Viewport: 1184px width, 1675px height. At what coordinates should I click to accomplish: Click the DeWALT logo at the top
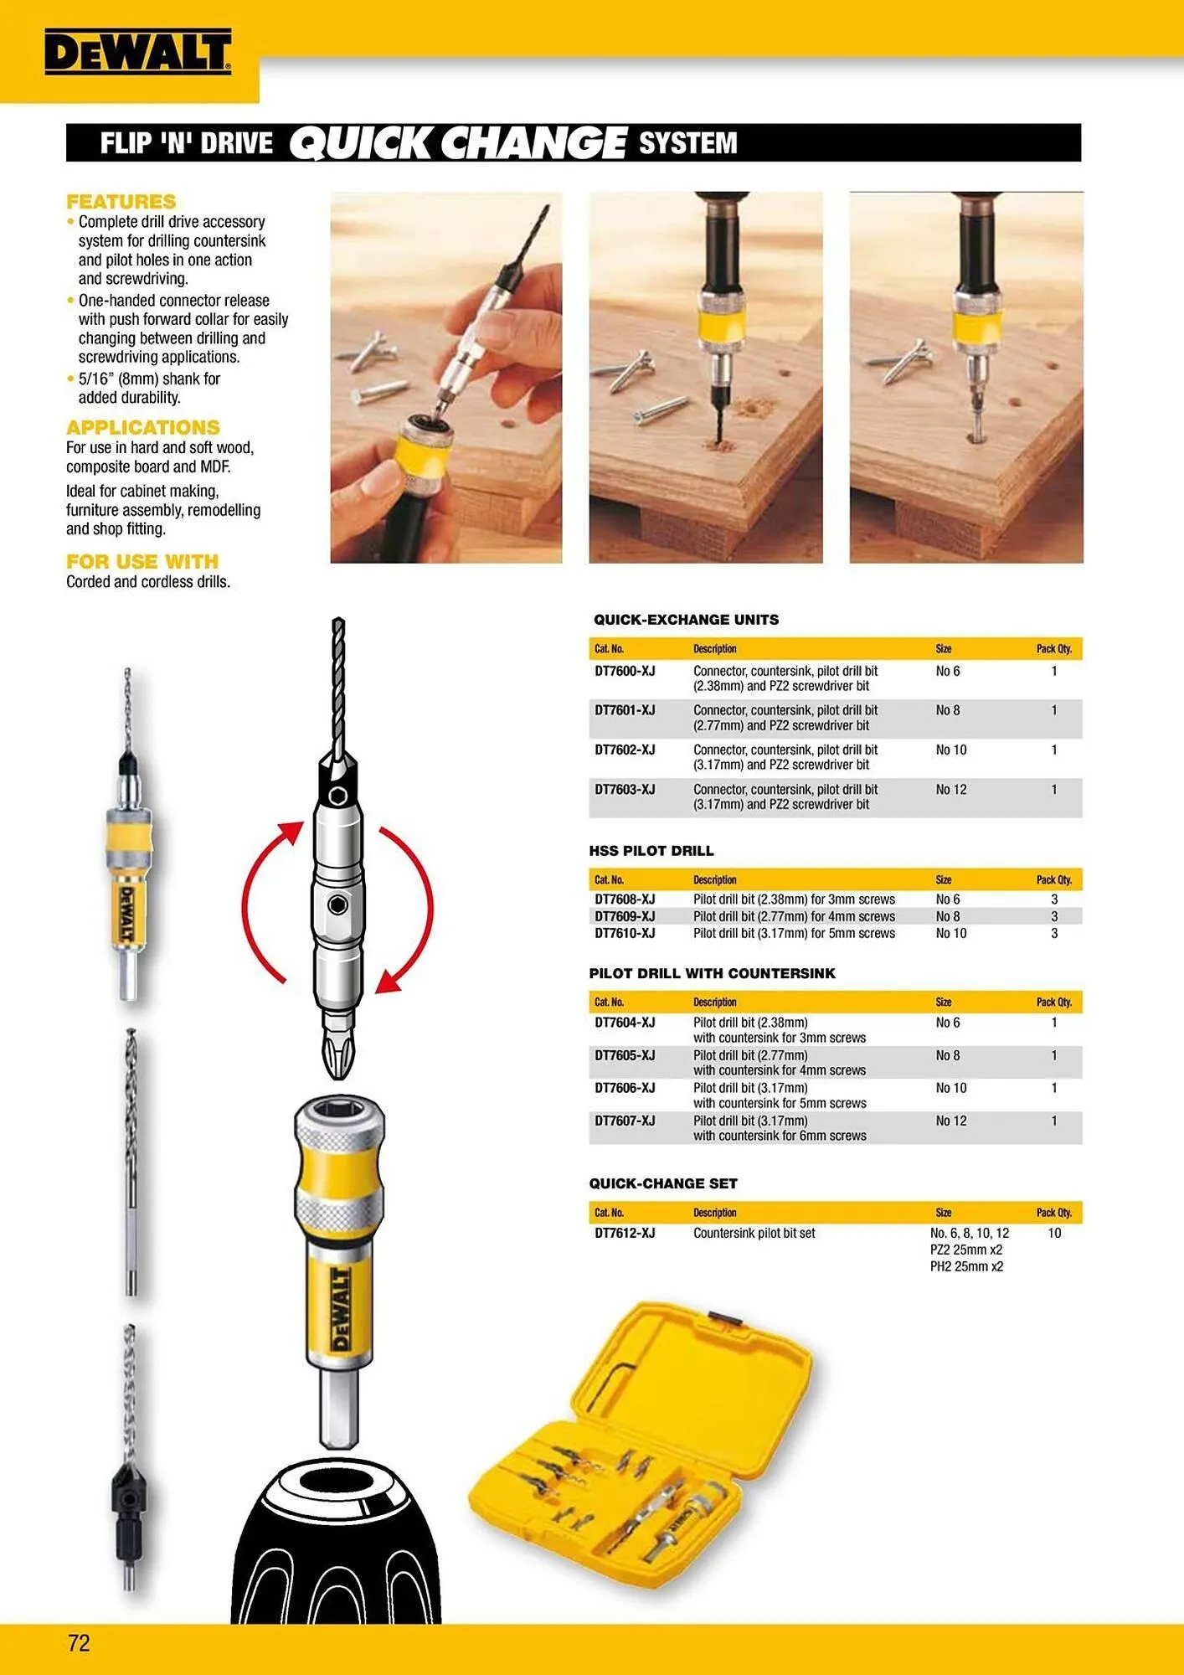[138, 52]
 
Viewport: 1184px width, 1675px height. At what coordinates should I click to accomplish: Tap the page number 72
[79, 1642]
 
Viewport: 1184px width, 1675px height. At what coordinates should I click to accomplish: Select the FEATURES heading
[121, 202]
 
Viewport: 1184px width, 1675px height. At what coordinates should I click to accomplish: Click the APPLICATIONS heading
[143, 427]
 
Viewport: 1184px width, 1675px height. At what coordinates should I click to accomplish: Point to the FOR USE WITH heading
[142, 561]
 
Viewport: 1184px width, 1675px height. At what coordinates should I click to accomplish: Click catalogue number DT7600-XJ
[625, 671]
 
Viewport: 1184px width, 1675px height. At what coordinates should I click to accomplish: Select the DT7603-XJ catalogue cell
[625, 790]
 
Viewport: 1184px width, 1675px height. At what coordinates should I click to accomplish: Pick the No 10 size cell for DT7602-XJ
[951, 750]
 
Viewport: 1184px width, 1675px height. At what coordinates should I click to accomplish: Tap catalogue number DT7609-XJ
[625, 916]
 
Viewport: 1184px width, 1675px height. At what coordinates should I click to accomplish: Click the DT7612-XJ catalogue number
[625, 1233]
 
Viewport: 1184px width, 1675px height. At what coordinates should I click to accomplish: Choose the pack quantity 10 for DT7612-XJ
[1054, 1233]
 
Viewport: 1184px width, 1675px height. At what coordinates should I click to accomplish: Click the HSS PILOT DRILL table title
[651, 851]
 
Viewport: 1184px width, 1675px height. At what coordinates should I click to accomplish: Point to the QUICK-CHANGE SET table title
[663, 1183]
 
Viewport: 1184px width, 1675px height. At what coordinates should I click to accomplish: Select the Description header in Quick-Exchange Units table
[715, 649]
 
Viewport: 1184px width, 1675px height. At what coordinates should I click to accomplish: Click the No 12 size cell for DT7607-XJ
[951, 1121]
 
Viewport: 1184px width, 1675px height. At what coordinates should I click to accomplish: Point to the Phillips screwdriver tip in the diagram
[338, 1051]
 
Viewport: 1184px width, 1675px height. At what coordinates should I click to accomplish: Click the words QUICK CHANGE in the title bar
[458, 142]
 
